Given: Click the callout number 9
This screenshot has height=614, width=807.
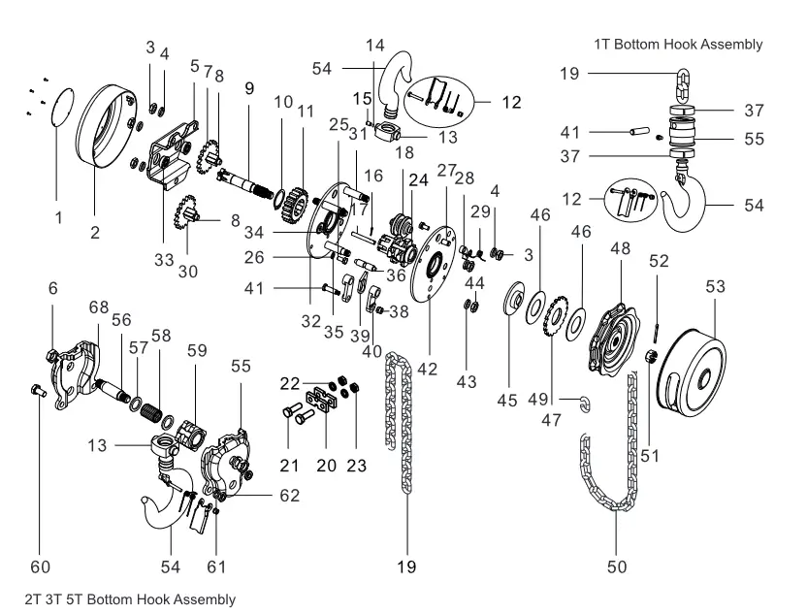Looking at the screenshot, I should (x=249, y=87).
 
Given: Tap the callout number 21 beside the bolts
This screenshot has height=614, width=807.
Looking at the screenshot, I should (x=288, y=466).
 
